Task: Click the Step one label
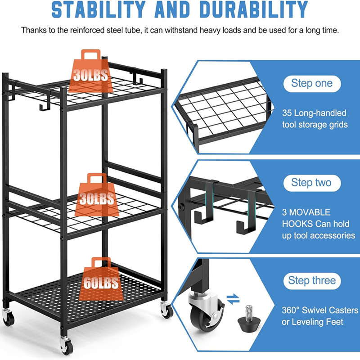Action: tap(312, 83)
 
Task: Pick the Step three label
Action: tap(312, 281)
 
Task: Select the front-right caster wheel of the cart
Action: tap(167, 310)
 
